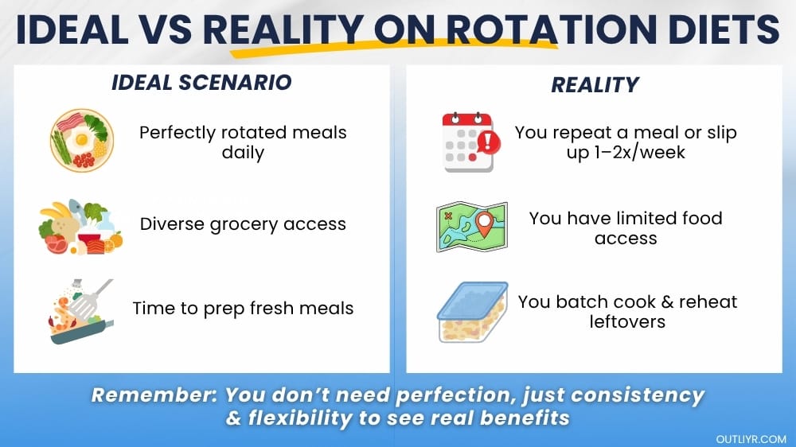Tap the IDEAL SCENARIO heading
pyautogui.click(x=201, y=83)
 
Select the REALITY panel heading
pyautogui.click(x=595, y=85)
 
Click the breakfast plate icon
pyautogui.click(x=82, y=140)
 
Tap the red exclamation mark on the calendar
pyautogui.click(x=488, y=143)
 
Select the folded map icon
pyautogui.click(x=471, y=227)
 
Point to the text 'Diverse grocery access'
pyautogui.click(x=243, y=224)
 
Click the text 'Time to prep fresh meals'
pyautogui.click(x=243, y=308)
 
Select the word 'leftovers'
pyautogui.click(x=627, y=321)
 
